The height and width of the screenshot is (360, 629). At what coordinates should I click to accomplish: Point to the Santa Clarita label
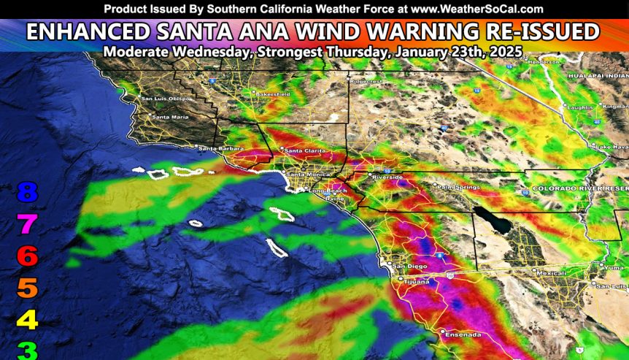304,151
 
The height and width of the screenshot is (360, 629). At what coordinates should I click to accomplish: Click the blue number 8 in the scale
27,193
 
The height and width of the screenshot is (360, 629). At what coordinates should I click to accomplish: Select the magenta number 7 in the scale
27,224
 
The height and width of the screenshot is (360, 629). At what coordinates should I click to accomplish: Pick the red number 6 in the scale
27,256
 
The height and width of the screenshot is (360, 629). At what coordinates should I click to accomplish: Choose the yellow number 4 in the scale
27,319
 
